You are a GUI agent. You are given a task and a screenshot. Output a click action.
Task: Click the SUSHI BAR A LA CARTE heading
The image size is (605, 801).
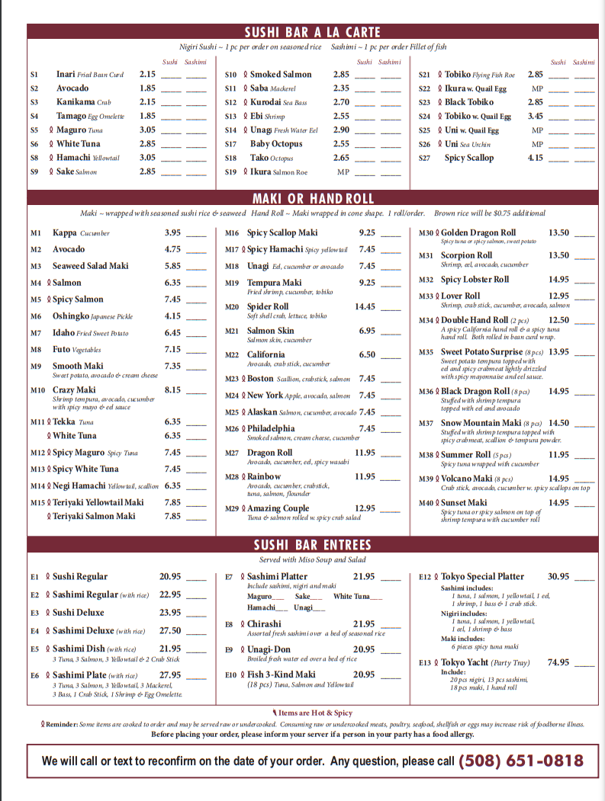pos(312,32)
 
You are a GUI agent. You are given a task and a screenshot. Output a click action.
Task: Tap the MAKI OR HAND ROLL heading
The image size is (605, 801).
pos(315,199)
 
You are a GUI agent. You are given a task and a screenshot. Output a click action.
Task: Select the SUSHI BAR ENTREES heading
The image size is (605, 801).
pos(313,545)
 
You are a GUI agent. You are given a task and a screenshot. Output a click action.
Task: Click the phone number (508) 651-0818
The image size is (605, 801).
pos(521,761)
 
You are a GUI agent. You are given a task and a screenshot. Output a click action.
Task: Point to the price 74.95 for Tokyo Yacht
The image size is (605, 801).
pos(558,662)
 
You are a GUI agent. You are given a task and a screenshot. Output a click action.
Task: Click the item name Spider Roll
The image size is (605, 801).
pos(268,306)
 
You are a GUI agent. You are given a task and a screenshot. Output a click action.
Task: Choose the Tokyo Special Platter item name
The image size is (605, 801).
pos(482,576)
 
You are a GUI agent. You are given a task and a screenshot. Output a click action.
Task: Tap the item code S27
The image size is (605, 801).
pos(424,158)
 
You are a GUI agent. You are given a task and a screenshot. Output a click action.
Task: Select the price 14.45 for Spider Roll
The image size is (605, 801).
pos(365,306)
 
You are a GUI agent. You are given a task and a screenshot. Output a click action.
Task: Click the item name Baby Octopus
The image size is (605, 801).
pos(276,144)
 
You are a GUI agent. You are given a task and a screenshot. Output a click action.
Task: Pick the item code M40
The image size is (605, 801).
pos(426,503)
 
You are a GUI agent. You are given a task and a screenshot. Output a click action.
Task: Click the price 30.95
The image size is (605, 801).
pos(558,576)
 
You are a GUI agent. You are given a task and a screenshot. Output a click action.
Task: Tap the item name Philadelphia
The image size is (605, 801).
pos(271,428)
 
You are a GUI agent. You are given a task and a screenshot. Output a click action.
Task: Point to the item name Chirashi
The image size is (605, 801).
pos(264,623)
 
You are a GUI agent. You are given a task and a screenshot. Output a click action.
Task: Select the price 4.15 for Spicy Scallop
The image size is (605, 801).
pos(536,158)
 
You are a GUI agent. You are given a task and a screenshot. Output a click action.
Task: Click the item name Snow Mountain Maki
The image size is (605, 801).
pos(481,423)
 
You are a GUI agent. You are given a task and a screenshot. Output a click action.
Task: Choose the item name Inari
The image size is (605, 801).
pos(66,75)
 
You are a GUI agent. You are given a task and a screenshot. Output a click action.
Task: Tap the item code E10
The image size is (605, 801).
pos(231,674)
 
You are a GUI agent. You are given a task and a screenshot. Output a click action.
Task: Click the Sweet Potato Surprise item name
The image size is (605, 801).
pos(481,352)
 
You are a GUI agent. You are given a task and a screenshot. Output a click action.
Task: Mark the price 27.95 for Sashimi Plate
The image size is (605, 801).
pos(170,674)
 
